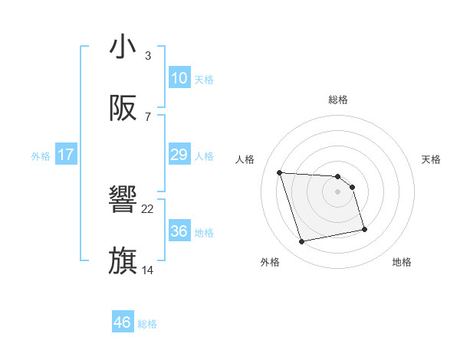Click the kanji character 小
pos(123,47)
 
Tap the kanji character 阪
pos(123,109)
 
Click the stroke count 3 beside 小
pos(148,56)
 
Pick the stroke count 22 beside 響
pos(148,208)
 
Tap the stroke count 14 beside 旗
pos(148,270)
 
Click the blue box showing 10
pos(179,78)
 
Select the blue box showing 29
pos(179,155)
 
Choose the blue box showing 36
pos(179,231)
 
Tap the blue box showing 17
pos(66,155)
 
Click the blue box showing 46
pos(122,322)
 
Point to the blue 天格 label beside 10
pos(204,80)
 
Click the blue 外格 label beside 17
pos(41,156)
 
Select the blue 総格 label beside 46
pos(147,324)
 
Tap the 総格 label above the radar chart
pos(338,100)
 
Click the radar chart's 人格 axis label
pos(245,159)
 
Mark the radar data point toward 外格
pos(302,242)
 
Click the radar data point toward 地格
pos(364,229)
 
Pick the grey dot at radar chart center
pos(338,192)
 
